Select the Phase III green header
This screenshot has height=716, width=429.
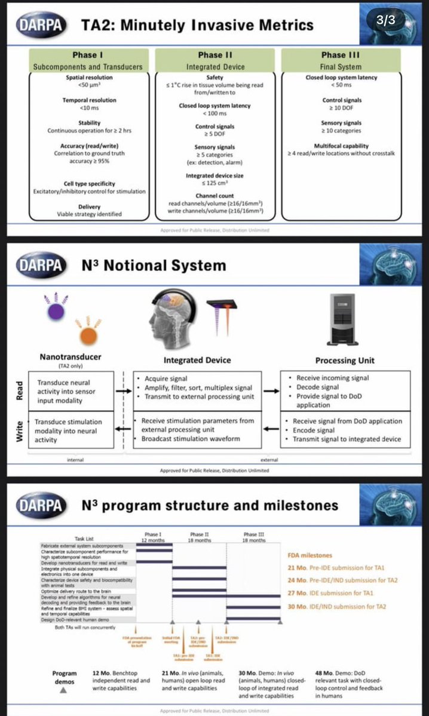tap(341, 60)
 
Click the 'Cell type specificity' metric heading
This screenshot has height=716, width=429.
tap(89, 183)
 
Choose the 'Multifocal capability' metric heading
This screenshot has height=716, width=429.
tap(341, 146)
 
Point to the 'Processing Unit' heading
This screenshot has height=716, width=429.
tap(345, 361)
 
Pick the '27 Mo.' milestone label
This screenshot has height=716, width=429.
tap(297, 593)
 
